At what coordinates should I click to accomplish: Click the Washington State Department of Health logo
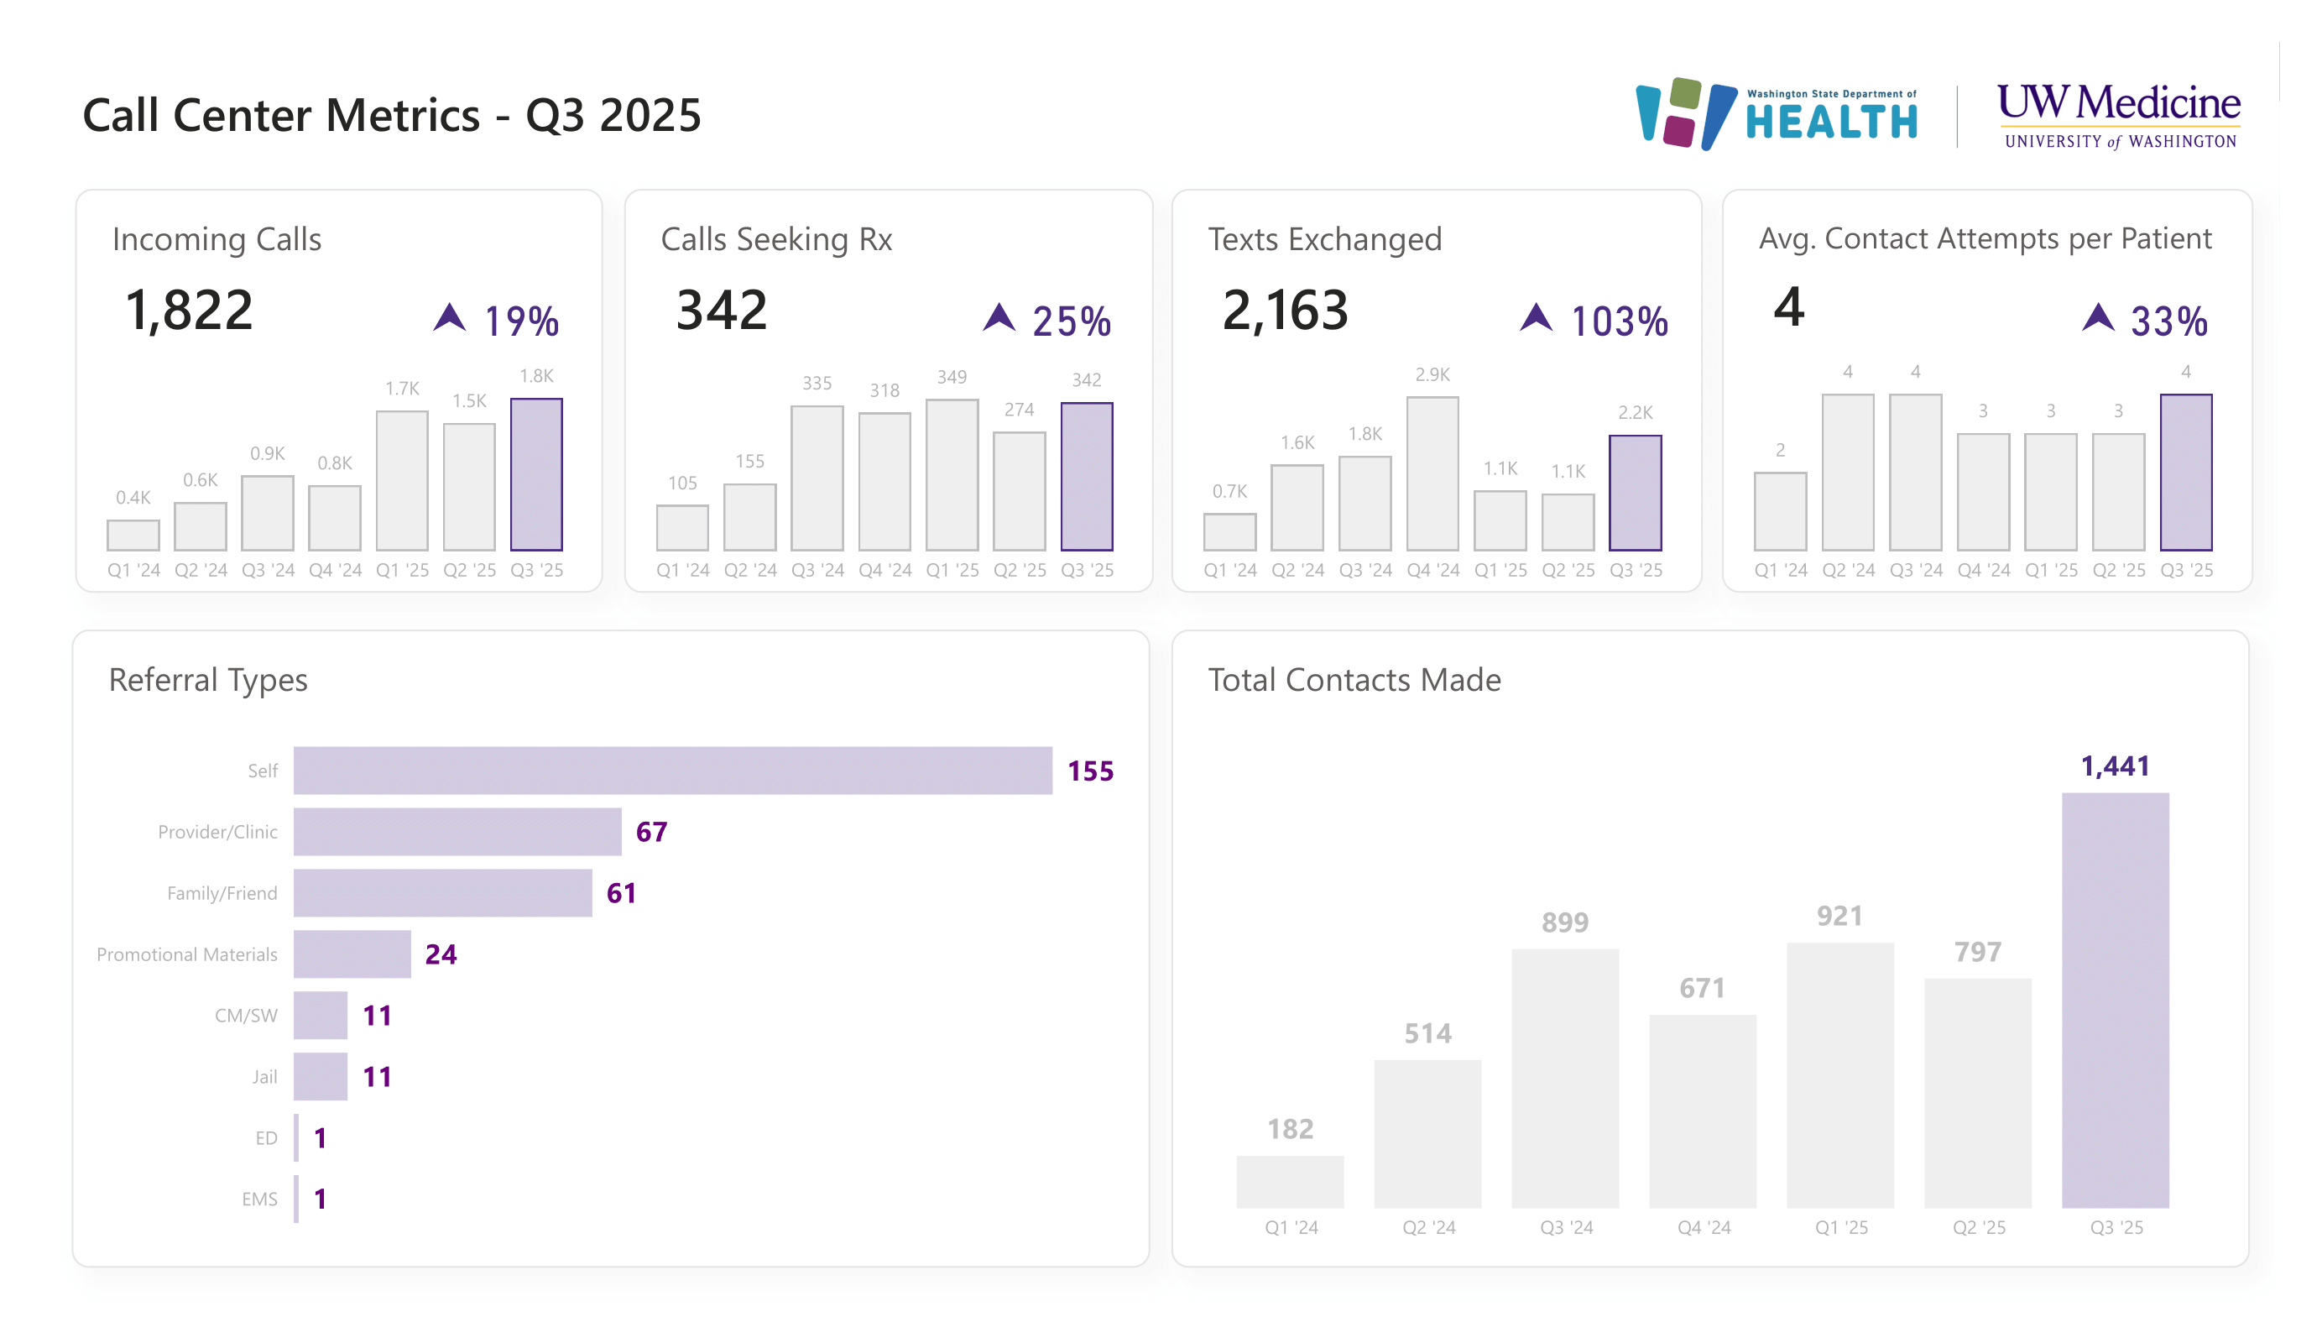pos(1776,114)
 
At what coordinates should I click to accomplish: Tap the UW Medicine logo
pos(2117,114)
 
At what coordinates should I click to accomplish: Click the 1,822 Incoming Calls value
pos(189,310)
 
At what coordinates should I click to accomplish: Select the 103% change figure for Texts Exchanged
pos(1618,321)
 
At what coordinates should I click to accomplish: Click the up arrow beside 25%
pos(998,318)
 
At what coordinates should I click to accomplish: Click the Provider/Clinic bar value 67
pos(650,833)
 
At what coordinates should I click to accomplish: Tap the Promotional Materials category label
pos(186,955)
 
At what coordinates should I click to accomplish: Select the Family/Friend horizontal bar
pos(442,893)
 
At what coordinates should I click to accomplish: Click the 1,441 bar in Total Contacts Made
pos(2115,1000)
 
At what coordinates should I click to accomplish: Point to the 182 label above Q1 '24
pos(1290,1129)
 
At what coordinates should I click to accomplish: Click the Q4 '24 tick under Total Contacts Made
pos(1704,1228)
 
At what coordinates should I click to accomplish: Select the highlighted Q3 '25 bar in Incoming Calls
pos(536,475)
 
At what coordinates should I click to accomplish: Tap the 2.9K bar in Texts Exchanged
pos(1432,473)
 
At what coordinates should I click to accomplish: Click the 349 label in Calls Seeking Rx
pos(952,377)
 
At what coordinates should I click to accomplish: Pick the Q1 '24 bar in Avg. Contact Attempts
pos(1780,511)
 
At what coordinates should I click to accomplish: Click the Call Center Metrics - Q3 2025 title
pos(392,115)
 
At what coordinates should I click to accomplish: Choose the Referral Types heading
pos(208,680)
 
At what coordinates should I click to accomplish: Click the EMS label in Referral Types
pos(259,1199)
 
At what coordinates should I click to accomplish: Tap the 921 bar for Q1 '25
pos(1840,1074)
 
